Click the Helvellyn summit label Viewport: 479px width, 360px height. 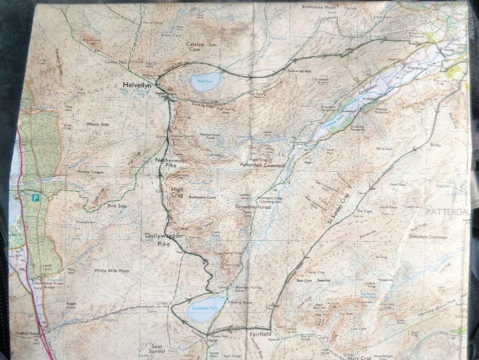(x=137, y=86)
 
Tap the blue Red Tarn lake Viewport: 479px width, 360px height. (x=205, y=81)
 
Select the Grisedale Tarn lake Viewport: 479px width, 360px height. (x=206, y=309)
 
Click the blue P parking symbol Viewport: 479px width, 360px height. (x=36, y=198)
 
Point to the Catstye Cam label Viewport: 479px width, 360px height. (x=196, y=47)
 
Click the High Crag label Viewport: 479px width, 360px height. (x=177, y=193)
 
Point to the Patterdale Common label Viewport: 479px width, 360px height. (x=262, y=164)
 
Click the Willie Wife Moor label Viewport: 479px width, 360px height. (x=112, y=270)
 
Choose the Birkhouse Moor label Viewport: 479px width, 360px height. (x=318, y=8)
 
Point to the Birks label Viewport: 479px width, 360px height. (x=434, y=145)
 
